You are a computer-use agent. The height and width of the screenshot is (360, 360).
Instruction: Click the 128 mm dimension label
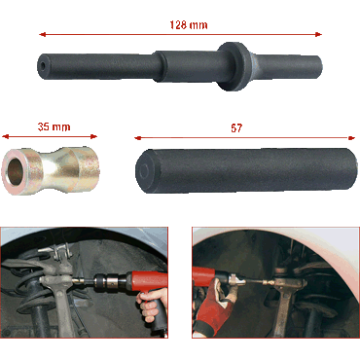[189, 25]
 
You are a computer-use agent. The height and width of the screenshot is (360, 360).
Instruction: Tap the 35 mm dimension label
[54, 126]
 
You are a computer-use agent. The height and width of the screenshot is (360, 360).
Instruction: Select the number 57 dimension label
[236, 128]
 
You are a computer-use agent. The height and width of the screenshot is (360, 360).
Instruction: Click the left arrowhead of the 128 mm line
[42, 34]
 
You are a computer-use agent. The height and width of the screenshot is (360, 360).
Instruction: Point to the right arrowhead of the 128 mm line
[318, 34]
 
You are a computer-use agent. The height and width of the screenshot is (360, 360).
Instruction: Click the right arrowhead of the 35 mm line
[93, 136]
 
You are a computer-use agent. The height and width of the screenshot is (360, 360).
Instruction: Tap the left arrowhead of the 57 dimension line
[138, 138]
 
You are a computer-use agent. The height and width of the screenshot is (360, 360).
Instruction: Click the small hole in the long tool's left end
[43, 65]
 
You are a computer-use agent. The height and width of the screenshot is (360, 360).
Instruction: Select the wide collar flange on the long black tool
[234, 66]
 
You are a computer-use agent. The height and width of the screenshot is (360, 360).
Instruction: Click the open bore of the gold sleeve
[15, 170]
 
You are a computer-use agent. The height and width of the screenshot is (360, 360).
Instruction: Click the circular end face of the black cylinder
[145, 170]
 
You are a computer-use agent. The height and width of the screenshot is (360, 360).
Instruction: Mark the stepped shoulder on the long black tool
[158, 65]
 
